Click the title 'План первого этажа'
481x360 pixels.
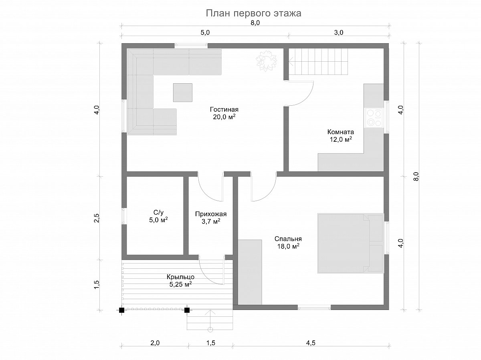point(254,13)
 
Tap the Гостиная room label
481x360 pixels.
point(224,113)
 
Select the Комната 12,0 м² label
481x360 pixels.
point(341,135)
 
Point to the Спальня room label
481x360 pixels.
point(288,243)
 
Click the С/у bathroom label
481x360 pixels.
point(158,216)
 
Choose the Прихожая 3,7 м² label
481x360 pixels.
point(211,217)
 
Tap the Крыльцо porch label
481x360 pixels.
point(180,281)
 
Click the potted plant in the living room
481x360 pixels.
point(267,61)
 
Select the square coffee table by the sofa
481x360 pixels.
point(183,93)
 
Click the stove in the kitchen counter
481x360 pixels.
point(374,118)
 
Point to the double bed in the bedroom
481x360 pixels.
point(351,243)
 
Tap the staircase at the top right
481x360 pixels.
point(318,62)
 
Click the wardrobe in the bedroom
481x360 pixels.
point(250,272)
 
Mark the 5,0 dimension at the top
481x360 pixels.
point(205,32)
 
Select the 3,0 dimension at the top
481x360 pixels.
point(339,32)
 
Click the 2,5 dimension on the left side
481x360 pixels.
point(97,218)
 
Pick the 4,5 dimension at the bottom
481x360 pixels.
point(311,343)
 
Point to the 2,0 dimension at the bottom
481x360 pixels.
point(155,343)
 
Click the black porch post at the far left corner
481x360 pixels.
point(121,310)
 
